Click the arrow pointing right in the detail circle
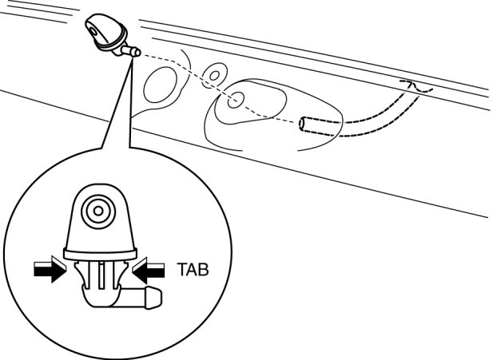(x=47, y=271)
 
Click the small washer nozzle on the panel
(x=105, y=34)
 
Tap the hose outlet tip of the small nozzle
(x=135, y=52)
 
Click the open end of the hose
(x=304, y=125)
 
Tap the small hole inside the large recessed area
(x=237, y=101)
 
